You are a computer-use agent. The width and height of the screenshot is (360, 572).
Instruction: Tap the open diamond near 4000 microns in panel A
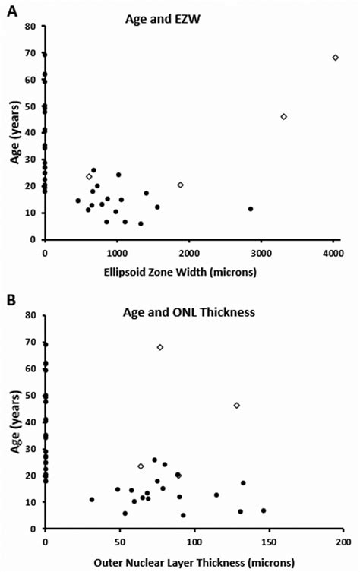pyautogui.click(x=335, y=58)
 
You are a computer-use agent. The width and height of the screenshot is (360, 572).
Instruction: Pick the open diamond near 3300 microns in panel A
pyautogui.click(x=283, y=116)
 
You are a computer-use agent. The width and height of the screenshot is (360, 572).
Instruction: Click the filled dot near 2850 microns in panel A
pyautogui.click(x=251, y=209)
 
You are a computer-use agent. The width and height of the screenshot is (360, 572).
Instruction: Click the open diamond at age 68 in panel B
pyautogui.click(x=160, y=347)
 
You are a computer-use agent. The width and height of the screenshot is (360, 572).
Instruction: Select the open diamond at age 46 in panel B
pyautogui.click(x=236, y=406)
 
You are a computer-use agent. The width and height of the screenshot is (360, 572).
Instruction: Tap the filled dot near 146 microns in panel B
pyautogui.click(x=264, y=510)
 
